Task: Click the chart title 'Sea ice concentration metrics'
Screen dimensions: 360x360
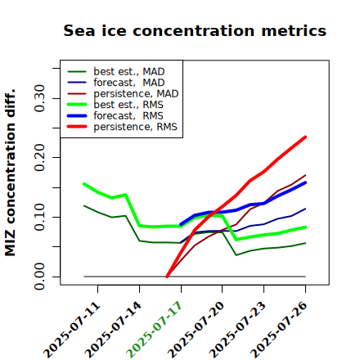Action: pos(195,31)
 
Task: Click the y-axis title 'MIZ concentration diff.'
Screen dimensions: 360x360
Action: pos(10,173)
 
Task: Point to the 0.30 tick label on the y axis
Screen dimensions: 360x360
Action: pos(39,98)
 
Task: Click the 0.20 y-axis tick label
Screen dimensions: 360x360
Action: pos(39,158)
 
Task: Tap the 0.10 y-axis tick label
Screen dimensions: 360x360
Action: pos(39,217)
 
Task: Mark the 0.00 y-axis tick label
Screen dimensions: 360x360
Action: pos(39,277)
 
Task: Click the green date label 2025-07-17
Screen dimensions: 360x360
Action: pos(154,330)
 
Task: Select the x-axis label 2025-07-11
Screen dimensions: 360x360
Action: pos(71,330)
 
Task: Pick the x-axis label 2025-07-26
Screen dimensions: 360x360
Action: pos(278,330)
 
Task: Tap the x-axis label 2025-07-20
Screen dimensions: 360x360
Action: pos(196,330)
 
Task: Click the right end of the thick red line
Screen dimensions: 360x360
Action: pos(305,137)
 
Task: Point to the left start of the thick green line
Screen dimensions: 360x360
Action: pos(84,184)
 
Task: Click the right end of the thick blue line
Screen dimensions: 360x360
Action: pos(305,182)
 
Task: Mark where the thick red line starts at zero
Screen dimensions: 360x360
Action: pos(167,277)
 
